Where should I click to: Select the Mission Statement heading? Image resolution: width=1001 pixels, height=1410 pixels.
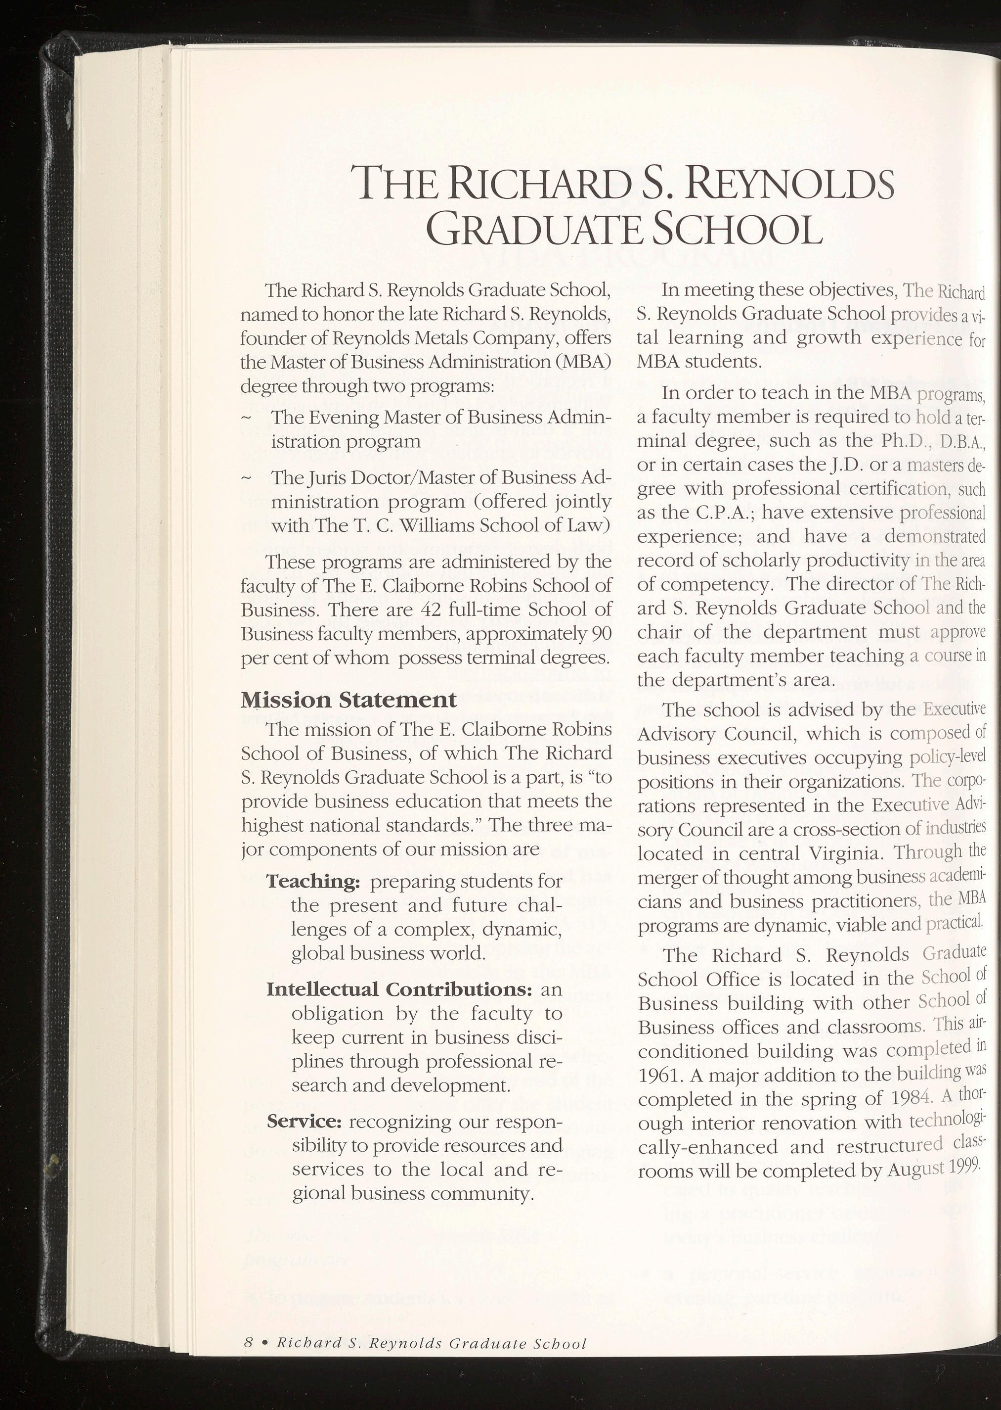click(x=348, y=700)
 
